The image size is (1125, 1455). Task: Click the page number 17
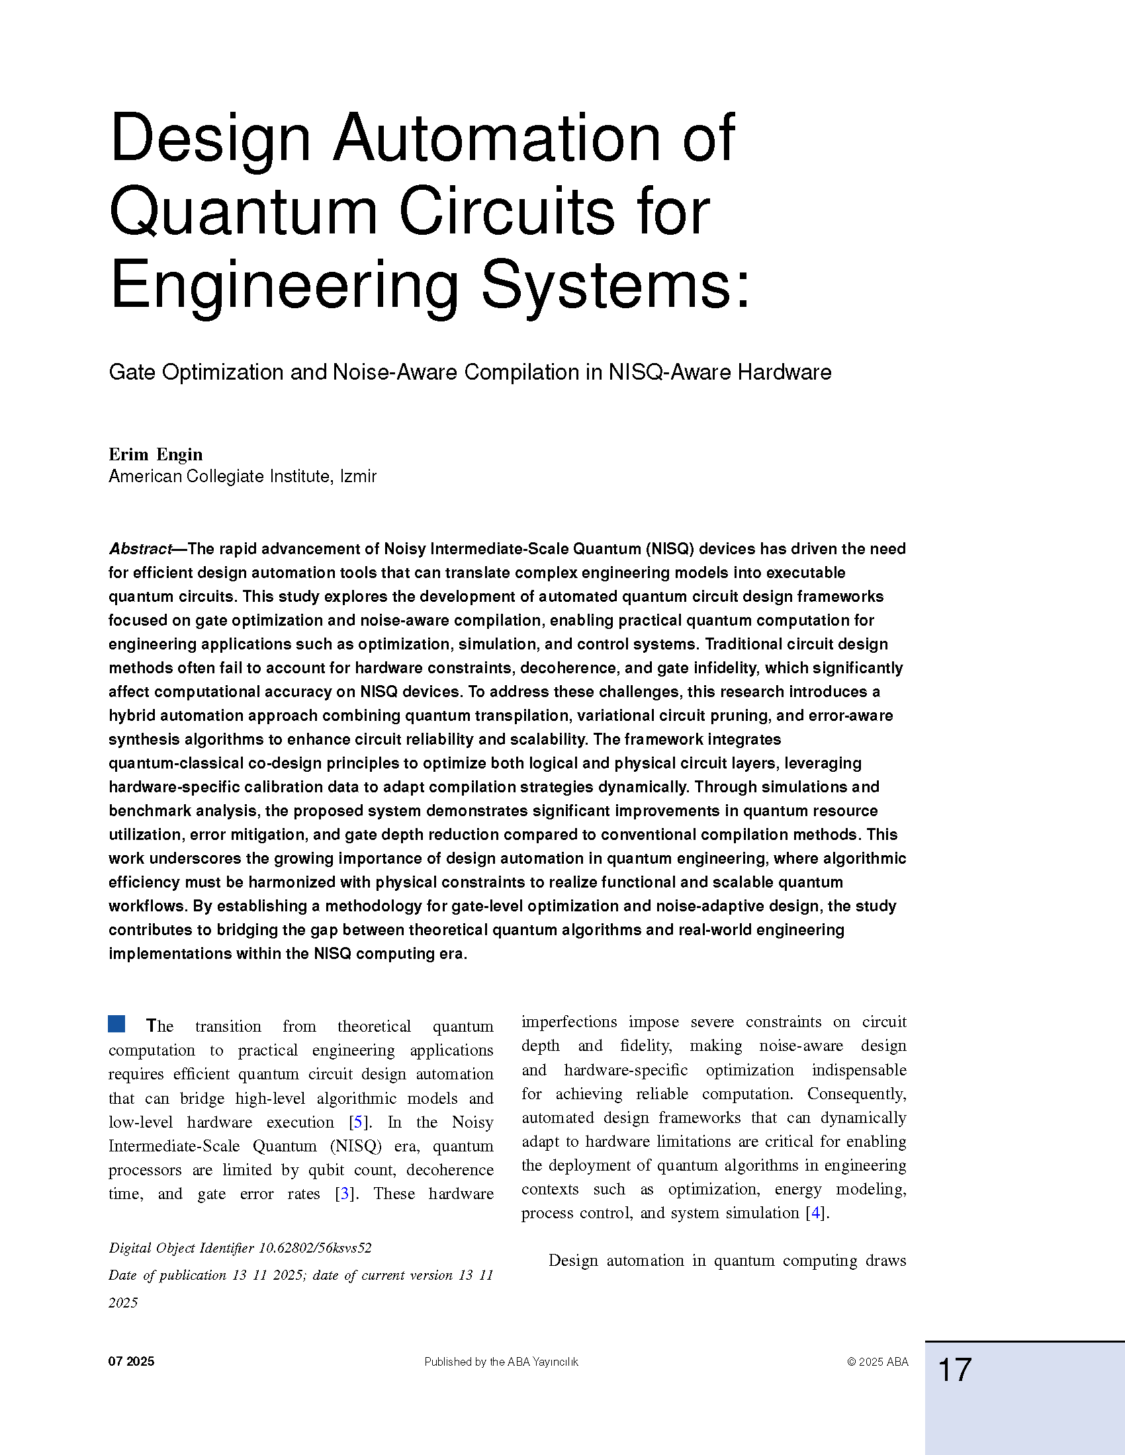tap(954, 1370)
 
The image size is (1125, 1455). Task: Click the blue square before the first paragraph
tap(116, 1024)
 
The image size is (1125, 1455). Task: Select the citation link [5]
tap(358, 1122)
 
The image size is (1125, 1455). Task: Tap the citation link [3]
tap(345, 1193)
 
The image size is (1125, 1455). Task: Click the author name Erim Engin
tap(156, 454)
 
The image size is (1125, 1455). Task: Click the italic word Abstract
tap(140, 549)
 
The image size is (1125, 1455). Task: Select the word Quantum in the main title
tap(244, 212)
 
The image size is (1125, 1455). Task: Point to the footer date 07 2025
tap(131, 1362)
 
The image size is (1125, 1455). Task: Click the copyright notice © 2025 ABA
tap(877, 1362)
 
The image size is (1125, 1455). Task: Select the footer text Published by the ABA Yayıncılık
tap(501, 1362)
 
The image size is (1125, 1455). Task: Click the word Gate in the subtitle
tap(132, 372)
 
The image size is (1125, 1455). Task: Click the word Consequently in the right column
tap(856, 1093)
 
